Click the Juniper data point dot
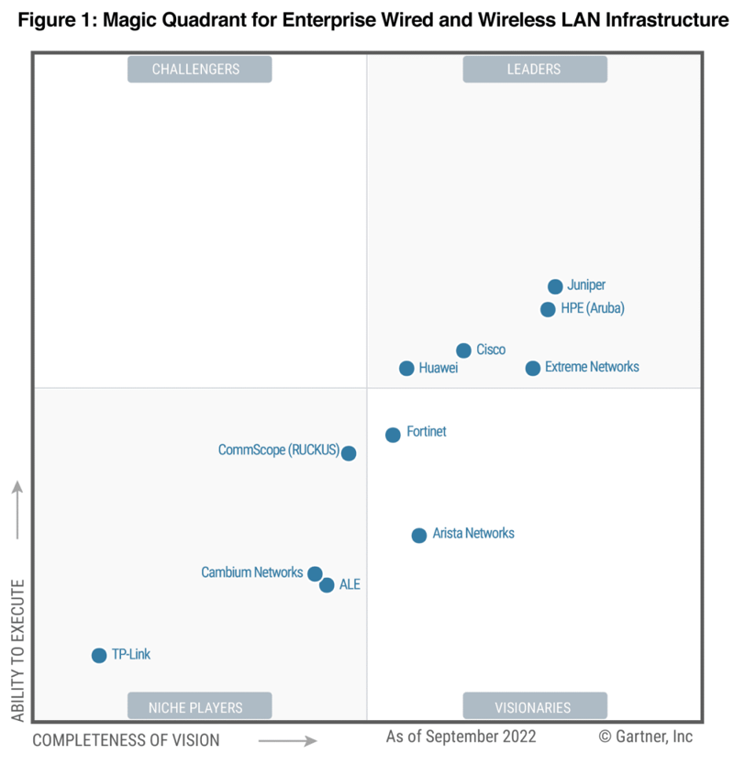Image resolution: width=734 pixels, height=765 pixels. pos(555,286)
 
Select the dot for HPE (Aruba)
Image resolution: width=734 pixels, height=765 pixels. pos(548,309)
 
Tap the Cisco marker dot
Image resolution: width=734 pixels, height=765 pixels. pos(463,350)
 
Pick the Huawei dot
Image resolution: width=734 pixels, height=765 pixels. pos(406,368)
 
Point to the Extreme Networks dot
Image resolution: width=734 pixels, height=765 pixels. pos(533,368)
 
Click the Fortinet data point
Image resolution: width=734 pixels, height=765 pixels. pos(393,435)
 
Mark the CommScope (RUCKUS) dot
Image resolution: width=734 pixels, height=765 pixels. pos(349,452)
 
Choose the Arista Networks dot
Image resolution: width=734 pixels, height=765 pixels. pos(419,535)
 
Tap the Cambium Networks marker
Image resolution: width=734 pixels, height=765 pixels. pos(315,574)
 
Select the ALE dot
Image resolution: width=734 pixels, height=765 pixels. pos(327,585)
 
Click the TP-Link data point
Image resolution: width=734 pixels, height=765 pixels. pos(99,655)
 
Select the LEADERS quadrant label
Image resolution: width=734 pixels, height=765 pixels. pos(534,70)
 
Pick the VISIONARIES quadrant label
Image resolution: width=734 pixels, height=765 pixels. pos(534,706)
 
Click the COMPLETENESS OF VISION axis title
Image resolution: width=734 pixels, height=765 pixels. pos(126,739)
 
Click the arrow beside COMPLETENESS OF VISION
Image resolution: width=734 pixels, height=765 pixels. pos(287,740)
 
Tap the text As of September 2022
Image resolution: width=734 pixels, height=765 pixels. pos(461,737)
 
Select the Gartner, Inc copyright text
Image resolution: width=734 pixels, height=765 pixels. pos(646,737)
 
